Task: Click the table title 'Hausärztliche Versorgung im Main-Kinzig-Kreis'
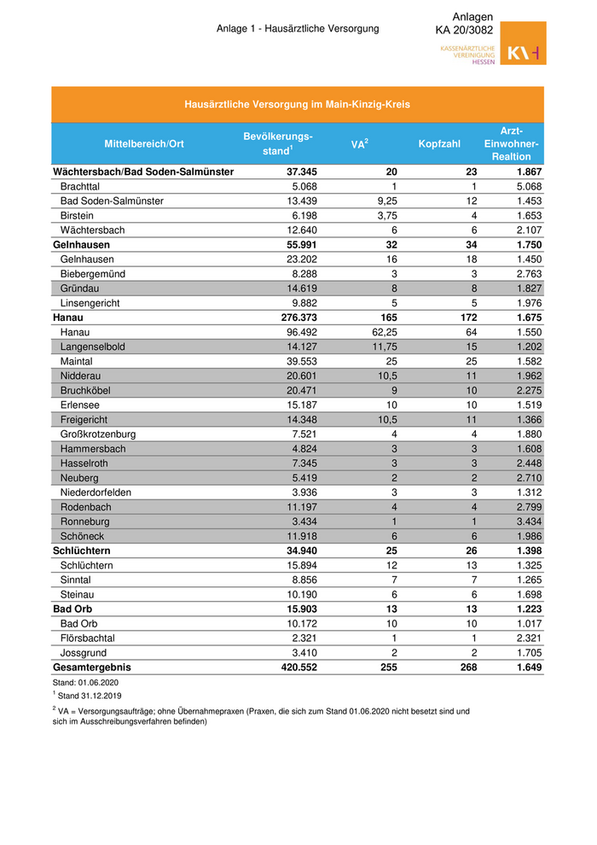pos(298,105)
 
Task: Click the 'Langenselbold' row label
pos(95,347)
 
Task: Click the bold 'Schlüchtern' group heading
pos(83,551)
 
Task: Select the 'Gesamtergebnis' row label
pos(94,667)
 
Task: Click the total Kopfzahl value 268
pos(467,667)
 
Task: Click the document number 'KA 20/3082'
pos(464,31)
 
